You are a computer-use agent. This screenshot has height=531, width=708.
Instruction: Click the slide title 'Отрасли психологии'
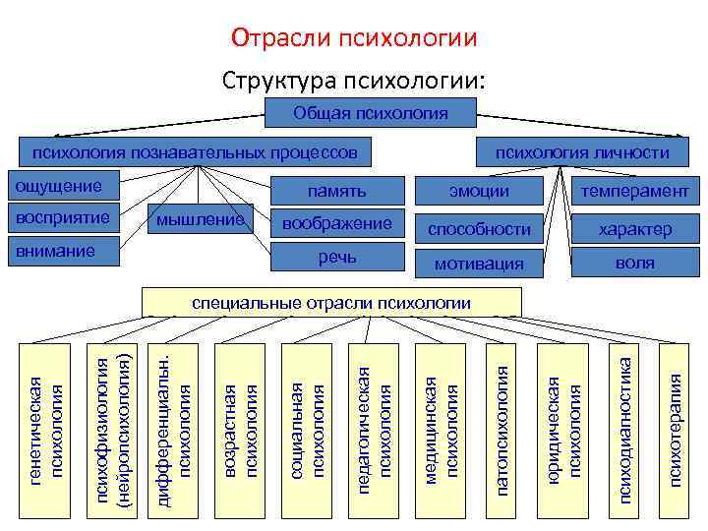pyautogui.click(x=354, y=37)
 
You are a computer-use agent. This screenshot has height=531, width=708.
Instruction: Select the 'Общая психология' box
pyautogui.click(x=370, y=114)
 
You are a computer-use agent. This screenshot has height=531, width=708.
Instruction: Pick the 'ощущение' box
pyautogui.click(x=64, y=186)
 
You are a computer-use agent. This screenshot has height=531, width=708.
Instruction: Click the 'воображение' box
pyautogui.click(x=337, y=223)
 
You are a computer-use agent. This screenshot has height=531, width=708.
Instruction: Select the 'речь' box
pyautogui.click(x=337, y=257)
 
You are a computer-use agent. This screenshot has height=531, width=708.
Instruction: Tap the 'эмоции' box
pyautogui.click(x=479, y=191)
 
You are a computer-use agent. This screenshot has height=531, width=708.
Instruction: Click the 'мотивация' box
pyautogui.click(x=479, y=264)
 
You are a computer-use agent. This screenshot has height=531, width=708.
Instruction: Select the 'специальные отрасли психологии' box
pyautogui.click(x=331, y=302)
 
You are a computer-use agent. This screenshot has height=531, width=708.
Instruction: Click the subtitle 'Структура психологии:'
pyautogui.click(x=354, y=79)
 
